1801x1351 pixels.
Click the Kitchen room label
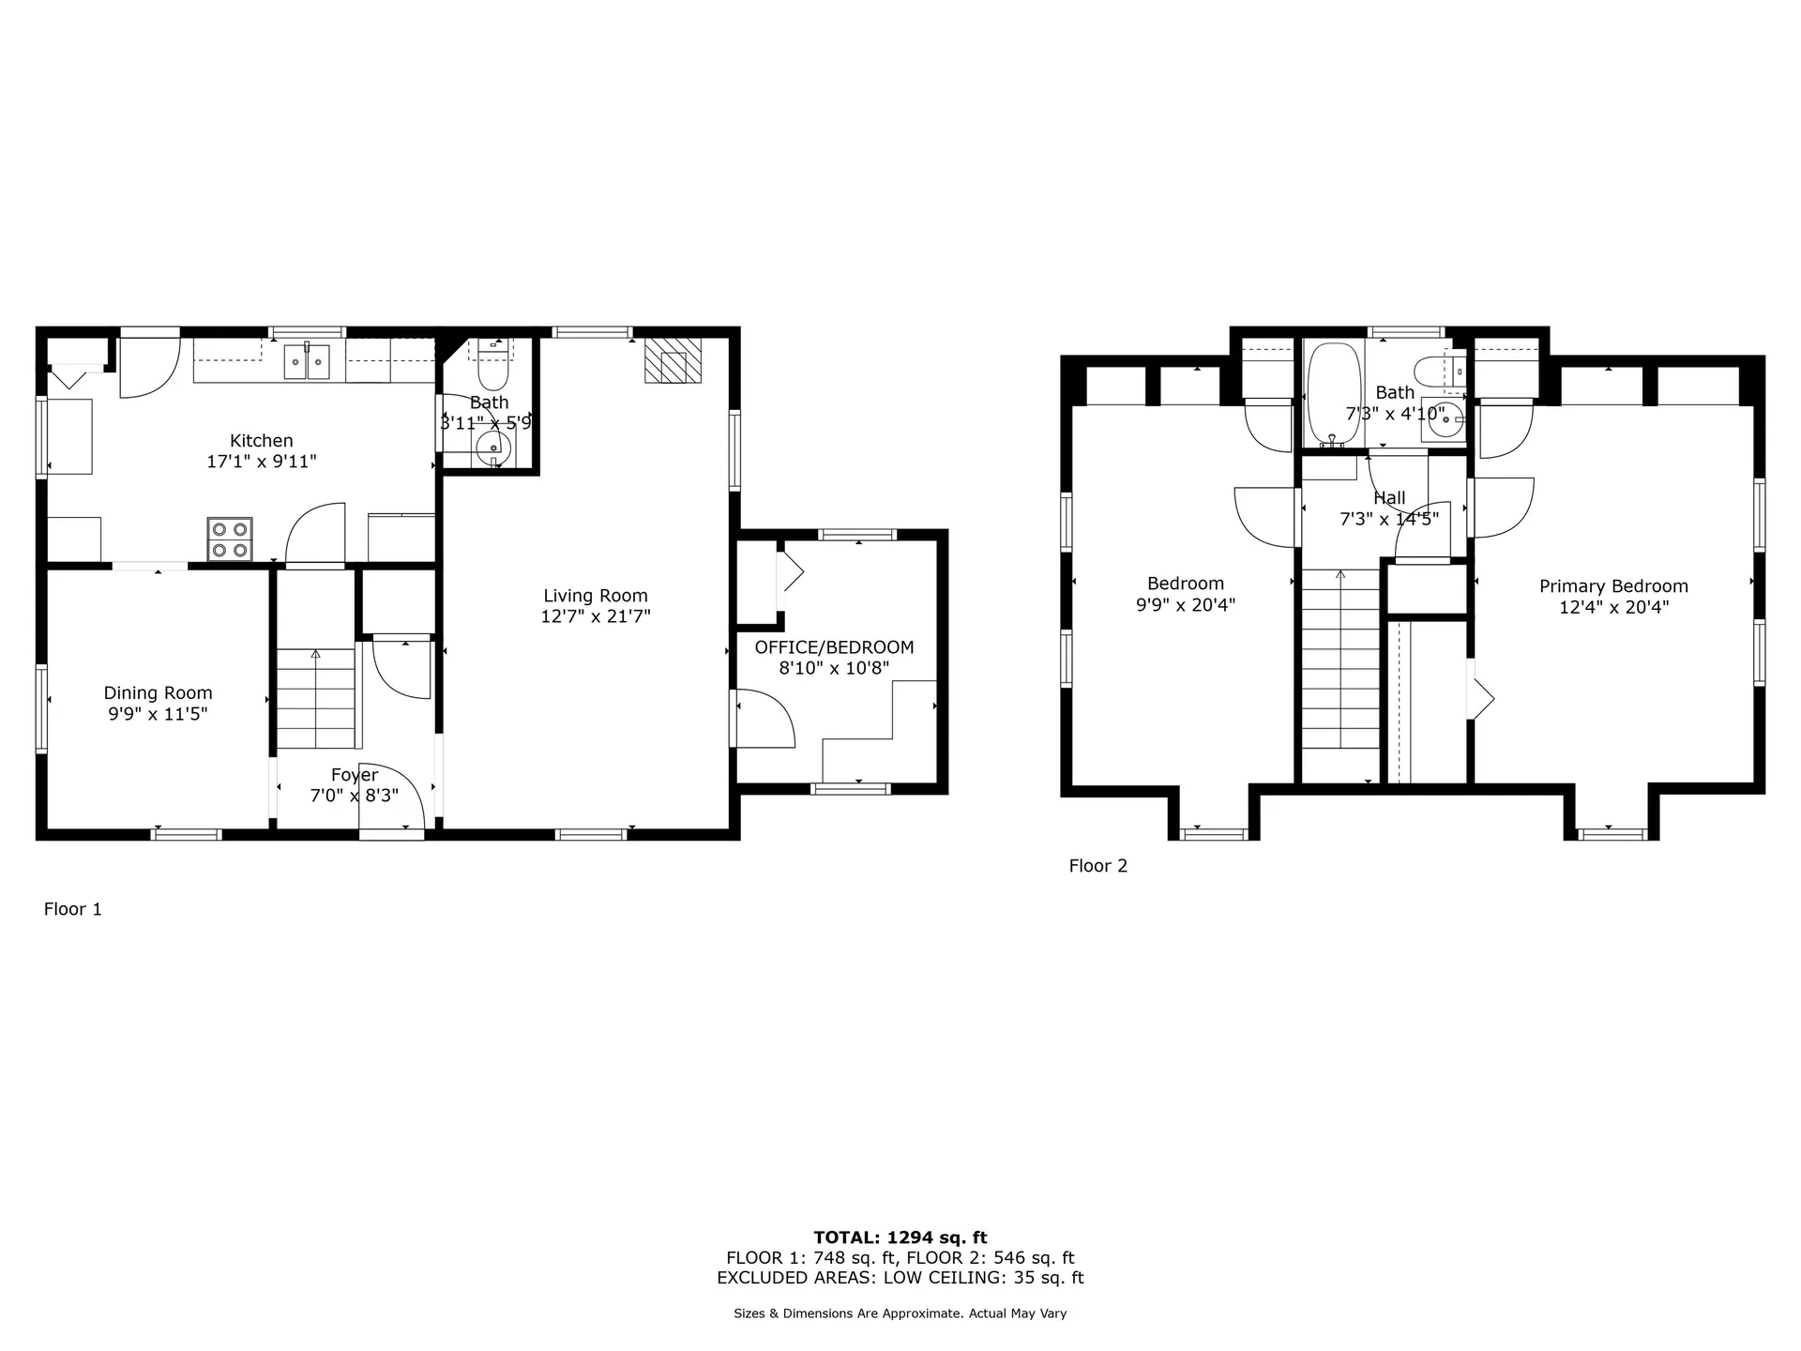point(261,441)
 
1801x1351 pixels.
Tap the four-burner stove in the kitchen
point(230,539)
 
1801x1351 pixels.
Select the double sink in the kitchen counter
point(307,360)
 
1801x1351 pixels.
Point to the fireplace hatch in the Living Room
point(673,361)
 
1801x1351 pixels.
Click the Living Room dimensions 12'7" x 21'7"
point(595,616)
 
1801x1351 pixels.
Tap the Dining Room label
point(158,693)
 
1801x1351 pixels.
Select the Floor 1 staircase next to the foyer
point(316,699)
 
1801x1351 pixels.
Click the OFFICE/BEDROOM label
point(834,647)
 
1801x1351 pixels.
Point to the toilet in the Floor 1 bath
point(492,372)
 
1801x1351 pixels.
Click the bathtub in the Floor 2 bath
point(1332,394)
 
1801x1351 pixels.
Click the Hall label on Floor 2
point(1389,498)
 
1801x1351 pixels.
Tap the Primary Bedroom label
point(1613,586)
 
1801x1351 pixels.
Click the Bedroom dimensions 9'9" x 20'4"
point(1186,605)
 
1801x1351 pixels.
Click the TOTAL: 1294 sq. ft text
point(900,1237)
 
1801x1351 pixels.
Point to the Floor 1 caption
point(72,909)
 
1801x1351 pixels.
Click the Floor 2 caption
point(1097,866)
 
